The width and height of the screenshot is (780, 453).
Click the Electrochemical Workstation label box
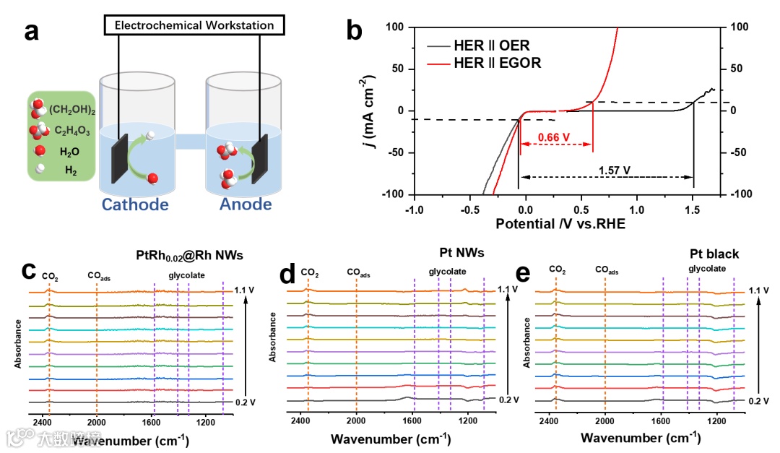point(194,25)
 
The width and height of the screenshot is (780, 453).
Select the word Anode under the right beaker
point(246,204)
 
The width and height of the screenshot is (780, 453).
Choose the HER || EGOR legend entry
point(497,63)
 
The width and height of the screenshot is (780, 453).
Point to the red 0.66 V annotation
point(555,137)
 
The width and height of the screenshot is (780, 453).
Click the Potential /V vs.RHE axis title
point(560,224)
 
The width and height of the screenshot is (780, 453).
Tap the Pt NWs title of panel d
point(463,253)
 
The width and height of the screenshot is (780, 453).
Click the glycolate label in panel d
point(447,272)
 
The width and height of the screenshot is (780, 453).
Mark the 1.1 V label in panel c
point(245,290)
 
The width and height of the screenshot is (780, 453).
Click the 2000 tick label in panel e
point(604,421)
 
